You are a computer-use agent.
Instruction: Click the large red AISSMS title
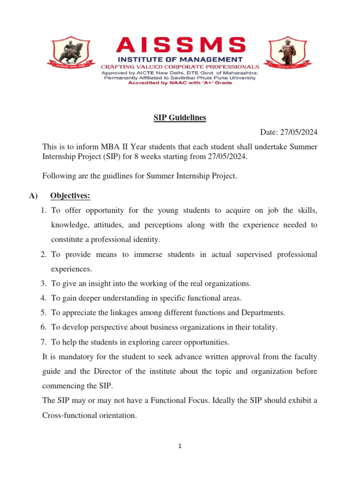[x=180, y=45]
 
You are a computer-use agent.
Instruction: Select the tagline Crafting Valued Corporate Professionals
[x=180, y=67]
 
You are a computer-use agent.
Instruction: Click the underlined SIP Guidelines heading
[x=180, y=118]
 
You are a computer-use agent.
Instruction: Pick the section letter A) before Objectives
[x=32, y=196]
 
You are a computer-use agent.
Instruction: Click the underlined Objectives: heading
[x=70, y=196]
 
